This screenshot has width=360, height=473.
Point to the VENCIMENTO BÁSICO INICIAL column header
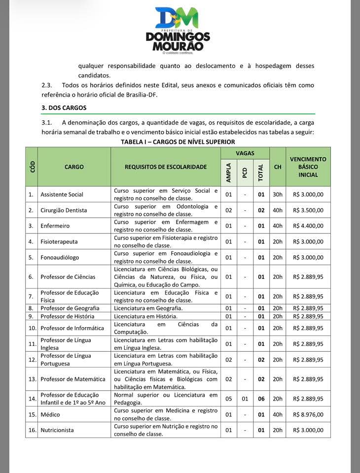coord(308,167)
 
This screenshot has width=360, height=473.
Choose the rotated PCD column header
coord(245,172)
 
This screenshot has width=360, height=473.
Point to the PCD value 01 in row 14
coord(245,399)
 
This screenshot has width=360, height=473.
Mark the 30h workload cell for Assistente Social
coord(278,194)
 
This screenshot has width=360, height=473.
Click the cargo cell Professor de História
coord(70,316)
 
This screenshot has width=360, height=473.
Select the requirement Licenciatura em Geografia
coord(145,308)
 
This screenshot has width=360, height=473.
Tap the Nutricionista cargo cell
coord(57,430)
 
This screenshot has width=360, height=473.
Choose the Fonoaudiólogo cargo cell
coord(60,257)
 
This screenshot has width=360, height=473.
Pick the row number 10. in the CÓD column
coord(32,328)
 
